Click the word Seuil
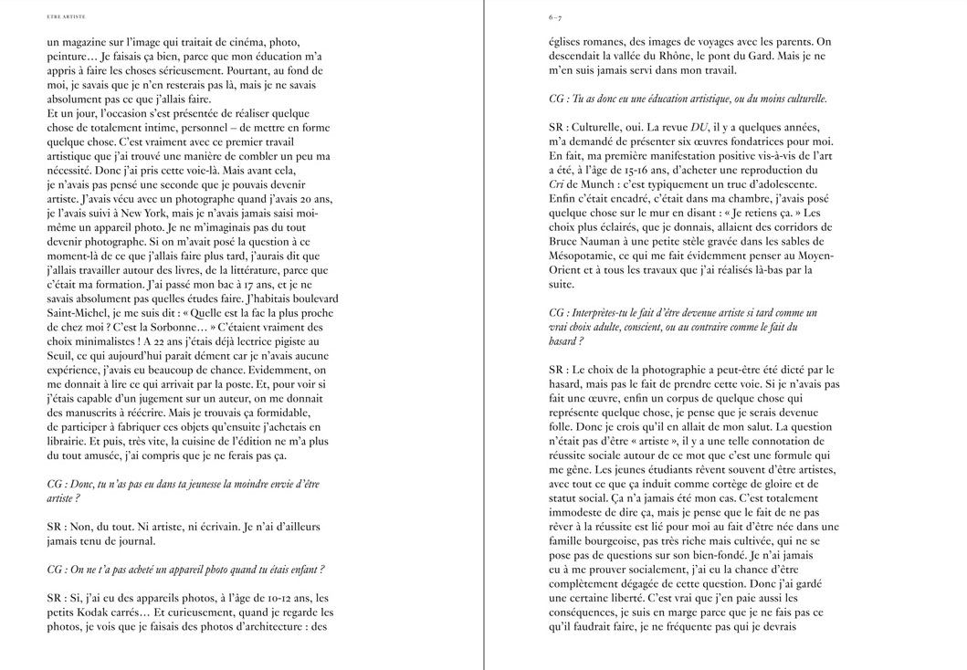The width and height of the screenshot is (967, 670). pyautogui.click(x=61, y=355)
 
